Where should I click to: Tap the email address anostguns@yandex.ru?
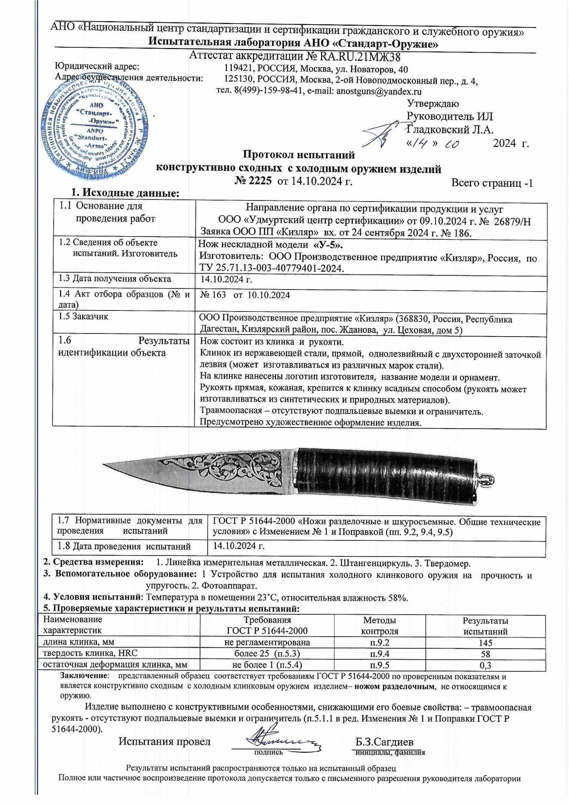pyautogui.click(x=378, y=91)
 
